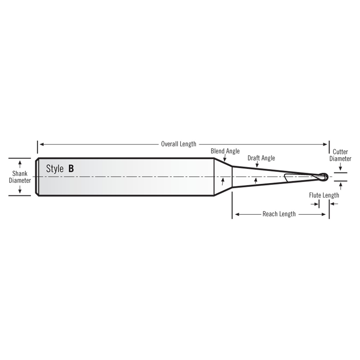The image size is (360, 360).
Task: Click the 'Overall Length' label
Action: point(179,144)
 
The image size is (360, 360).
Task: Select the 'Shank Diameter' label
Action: point(20,177)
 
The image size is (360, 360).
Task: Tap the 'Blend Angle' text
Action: point(225,151)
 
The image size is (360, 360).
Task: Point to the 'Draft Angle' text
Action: point(261,158)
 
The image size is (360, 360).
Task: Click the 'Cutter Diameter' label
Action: point(340,155)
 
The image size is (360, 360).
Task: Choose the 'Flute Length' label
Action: point(324,195)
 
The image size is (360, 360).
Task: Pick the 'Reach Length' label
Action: point(279,214)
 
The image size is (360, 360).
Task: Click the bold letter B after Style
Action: point(71,168)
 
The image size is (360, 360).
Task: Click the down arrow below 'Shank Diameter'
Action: point(20,190)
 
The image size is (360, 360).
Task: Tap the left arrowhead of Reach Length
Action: point(237,214)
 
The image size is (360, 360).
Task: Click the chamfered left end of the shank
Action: point(37,177)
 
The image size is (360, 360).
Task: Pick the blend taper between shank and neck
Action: point(223,177)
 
